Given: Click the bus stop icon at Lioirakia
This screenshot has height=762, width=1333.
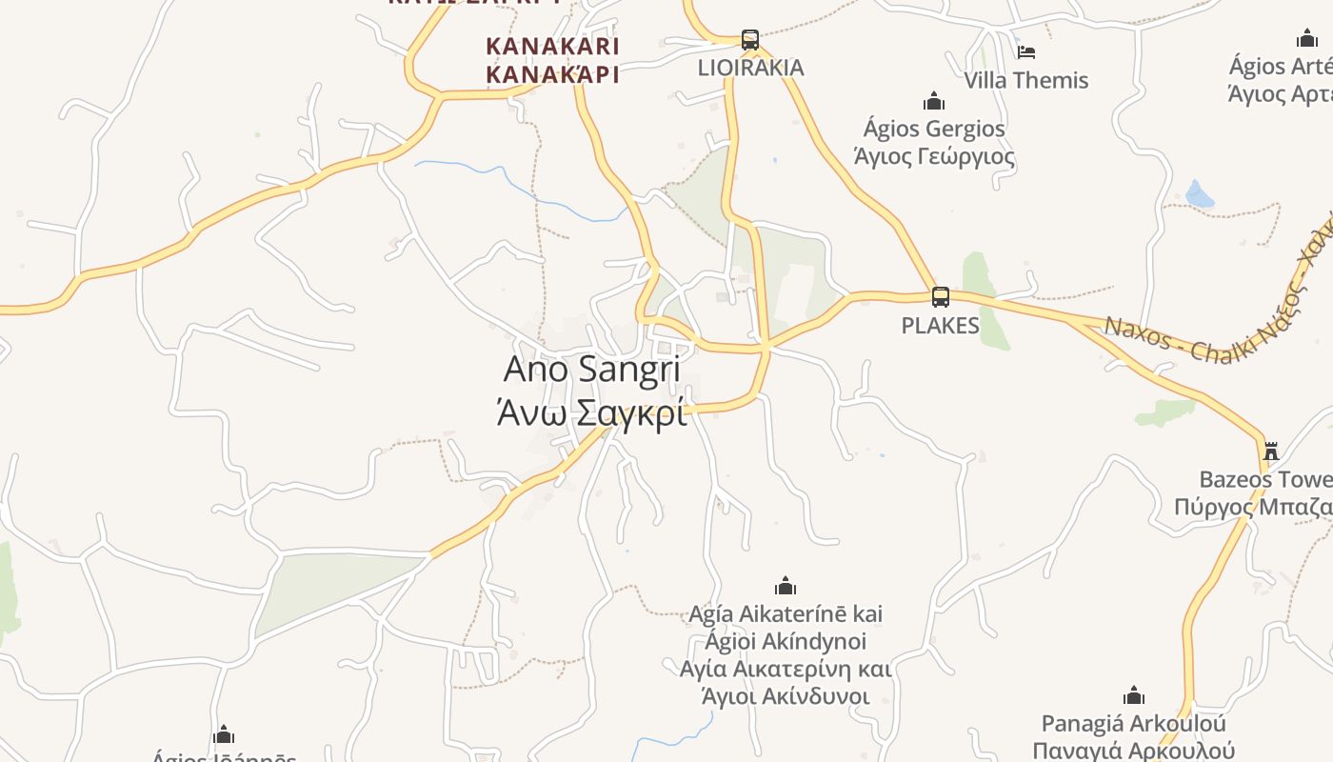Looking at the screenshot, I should (x=750, y=40).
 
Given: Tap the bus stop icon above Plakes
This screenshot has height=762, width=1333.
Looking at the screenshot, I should (x=941, y=297).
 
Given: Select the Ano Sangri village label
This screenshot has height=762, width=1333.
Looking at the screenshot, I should (x=591, y=370).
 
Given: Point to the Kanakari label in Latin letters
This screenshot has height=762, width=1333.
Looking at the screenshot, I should (x=552, y=46).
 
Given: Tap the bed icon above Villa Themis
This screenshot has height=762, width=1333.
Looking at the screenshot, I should (x=1025, y=51).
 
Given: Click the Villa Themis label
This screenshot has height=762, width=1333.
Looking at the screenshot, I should (x=1026, y=80).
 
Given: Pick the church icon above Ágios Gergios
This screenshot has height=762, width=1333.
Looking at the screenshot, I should (x=934, y=101).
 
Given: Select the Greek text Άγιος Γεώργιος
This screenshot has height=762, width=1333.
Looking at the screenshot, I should (x=934, y=156).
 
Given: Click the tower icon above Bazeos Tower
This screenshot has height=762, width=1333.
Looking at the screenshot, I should (x=1270, y=450).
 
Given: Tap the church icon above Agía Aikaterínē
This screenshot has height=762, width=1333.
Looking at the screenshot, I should (x=786, y=585).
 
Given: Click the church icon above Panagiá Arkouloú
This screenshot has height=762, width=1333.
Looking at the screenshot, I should (x=1133, y=695).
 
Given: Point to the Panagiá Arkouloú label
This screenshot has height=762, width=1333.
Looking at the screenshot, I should (x=1133, y=724).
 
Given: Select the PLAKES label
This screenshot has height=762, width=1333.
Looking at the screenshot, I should (x=940, y=326).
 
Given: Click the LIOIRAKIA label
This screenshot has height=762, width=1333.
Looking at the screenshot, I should (x=750, y=68).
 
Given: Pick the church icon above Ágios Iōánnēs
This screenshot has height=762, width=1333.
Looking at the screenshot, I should (x=224, y=735).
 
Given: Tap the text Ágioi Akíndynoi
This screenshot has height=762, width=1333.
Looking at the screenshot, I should (x=786, y=641).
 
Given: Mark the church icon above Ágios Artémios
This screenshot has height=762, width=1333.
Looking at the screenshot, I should (x=1307, y=39).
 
